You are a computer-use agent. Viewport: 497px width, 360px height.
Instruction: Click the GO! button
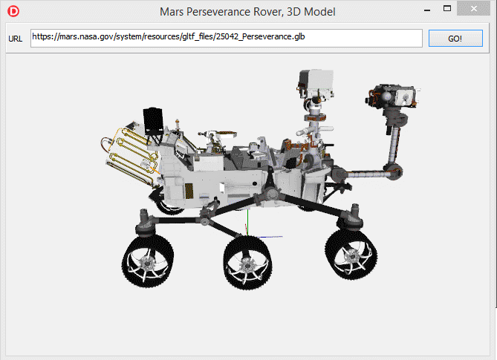coord(455,39)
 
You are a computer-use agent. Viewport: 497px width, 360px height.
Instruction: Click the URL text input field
coord(227,38)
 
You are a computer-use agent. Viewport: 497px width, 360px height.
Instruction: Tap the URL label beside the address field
coord(15,39)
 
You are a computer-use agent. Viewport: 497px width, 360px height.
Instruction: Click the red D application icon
coord(13,11)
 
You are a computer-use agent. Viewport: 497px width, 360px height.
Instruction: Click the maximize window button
coord(447,9)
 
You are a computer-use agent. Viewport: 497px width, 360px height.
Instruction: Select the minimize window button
coord(427,10)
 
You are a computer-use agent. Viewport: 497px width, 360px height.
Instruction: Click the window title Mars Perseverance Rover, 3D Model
coord(247,12)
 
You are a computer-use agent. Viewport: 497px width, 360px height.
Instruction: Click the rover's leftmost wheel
coord(148,261)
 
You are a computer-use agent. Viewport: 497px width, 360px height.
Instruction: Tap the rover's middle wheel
coord(247,263)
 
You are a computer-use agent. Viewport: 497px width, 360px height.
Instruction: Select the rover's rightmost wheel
coord(351,255)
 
